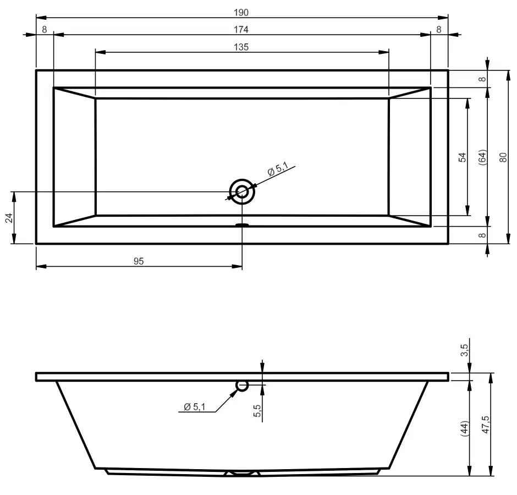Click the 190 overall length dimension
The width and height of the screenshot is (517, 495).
coord(241,13)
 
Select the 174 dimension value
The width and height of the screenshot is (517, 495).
coord(241,30)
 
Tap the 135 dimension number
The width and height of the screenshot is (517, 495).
coord(241,47)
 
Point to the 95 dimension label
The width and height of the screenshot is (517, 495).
coord(139,261)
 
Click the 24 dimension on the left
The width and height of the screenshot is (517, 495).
coord(9,218)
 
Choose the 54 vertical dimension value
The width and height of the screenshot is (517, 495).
coord(463,157)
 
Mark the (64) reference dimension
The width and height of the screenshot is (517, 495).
coord(482,157)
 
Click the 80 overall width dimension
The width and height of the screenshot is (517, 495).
coord(503,157)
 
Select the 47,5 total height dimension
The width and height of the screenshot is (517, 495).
coord(486,425)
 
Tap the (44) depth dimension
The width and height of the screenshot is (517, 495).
coord(464,428)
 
